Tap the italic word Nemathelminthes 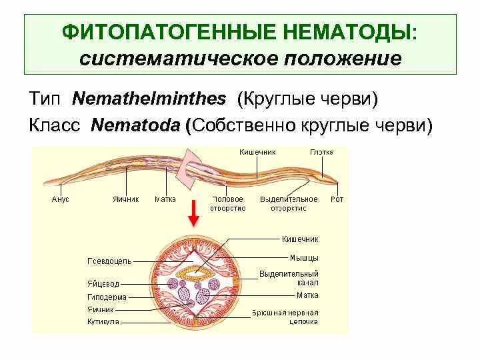[x=149, y=99]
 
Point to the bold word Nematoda [x=137, y=125]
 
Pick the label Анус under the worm [x=60, y=199]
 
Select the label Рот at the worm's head [x=337, y=199]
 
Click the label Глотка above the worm [x=321, y=152]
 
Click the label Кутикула [x=103, y=321]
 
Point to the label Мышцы [x=304, y=257]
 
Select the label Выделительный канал [x=289, y=278]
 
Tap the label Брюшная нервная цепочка [x=285, y=317]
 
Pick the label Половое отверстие [x=229, y=203]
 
